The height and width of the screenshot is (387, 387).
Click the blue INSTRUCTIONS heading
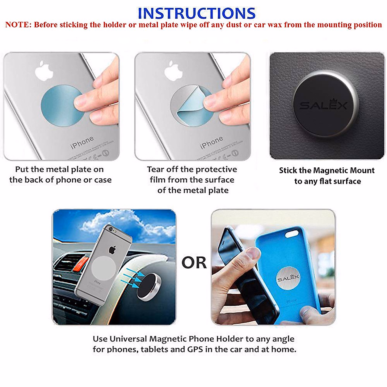pyautogui.click(x=196, y=14)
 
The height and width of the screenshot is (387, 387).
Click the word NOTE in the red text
pyautogui.click(x=18, y=25)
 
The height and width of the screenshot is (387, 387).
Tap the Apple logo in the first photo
pyautogui.click(x=44, y=70)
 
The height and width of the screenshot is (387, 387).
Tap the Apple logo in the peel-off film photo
pyautogui.click(x=174, y=71)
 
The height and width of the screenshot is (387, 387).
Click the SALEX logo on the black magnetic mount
pyautogui.click(x=323, y=105)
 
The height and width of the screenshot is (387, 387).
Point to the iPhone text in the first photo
pyautogui.click(x=82, y=143)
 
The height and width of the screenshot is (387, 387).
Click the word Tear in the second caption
pyautogui.click(x=155, y=170)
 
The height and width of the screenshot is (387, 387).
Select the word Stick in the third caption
pyautogui.click(x=288, y=171)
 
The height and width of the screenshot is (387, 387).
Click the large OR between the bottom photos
pyautogui.click(x=194, y=263)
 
